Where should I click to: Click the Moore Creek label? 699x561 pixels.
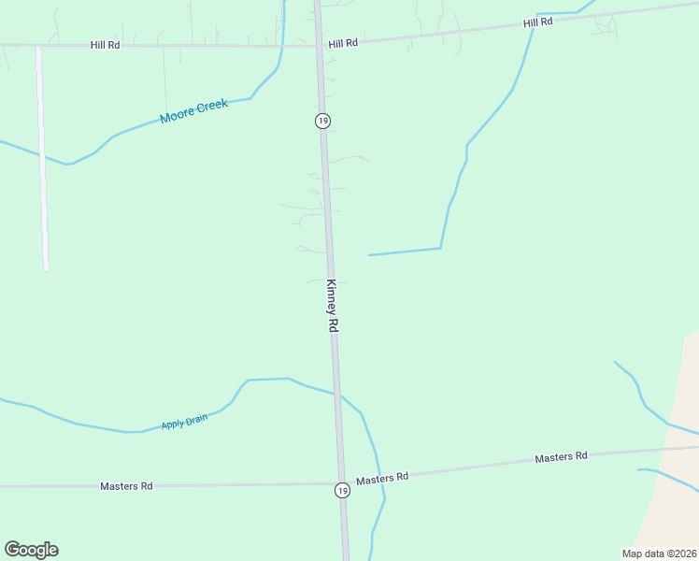(x=193, y=111)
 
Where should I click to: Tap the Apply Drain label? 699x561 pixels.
(x=184, y=422)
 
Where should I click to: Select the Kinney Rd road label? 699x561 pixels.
(x=332, y=306)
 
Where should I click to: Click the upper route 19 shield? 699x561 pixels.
(x=322, y=121)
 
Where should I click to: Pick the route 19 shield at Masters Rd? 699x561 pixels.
(x=343, y=490)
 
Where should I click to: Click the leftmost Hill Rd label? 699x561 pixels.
(x=107, y=44)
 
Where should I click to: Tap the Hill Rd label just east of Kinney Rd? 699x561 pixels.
(x=343, y=43)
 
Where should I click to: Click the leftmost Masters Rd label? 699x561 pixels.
(x=126, y=486)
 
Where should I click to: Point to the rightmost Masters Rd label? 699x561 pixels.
(x=561, y=457)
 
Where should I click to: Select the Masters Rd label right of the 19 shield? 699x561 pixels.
(x=382, y=478)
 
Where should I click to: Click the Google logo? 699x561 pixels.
(x=31, y=550)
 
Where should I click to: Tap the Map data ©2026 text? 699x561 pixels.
(x=659, y=554)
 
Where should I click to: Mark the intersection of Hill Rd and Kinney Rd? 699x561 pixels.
(x=319, y=44)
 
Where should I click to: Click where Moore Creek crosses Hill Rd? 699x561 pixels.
(x=281, y=44)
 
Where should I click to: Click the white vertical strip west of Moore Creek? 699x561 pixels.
(x=42, y=159)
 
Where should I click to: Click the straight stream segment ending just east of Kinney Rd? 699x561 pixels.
(x=404, y=252)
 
